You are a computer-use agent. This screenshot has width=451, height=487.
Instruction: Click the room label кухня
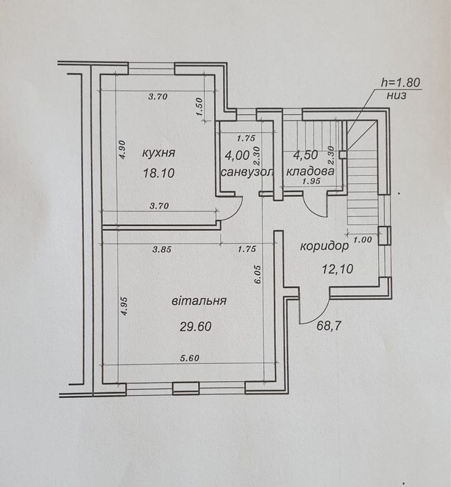click(158, 153)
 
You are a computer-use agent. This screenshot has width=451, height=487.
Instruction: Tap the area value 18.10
click(158, 173)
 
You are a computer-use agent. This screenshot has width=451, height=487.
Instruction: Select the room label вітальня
click(199, 301)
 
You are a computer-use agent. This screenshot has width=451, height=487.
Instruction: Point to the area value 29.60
click(196, 326)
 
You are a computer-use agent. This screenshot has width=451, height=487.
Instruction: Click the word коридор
click(325, 246)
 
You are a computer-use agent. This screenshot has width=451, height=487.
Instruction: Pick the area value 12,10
click(338, 269)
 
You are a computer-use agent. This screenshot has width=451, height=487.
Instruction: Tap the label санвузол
click(247, 172)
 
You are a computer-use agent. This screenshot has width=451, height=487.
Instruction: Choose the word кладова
click(310, 171)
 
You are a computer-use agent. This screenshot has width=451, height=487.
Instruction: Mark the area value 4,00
click(237, 155)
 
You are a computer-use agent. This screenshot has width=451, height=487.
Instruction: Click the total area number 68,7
click(329, 326)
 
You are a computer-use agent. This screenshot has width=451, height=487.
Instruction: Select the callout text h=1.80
click(400, 82)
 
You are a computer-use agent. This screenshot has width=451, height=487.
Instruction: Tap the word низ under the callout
click(396, 95)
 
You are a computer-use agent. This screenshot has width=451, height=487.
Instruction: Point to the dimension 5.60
click(190, 358)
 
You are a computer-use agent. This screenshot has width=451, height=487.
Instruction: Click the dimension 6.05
click(259, 275)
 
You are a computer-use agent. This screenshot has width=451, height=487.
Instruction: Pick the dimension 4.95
click(124, 306)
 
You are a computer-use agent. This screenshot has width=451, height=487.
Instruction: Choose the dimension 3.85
click(162, 249)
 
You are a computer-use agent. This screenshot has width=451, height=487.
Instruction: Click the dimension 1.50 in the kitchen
click(199, 107)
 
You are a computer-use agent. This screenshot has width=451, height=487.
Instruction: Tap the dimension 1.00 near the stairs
click(363, 240)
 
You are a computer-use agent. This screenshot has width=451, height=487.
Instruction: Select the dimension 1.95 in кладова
click(311, 181)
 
